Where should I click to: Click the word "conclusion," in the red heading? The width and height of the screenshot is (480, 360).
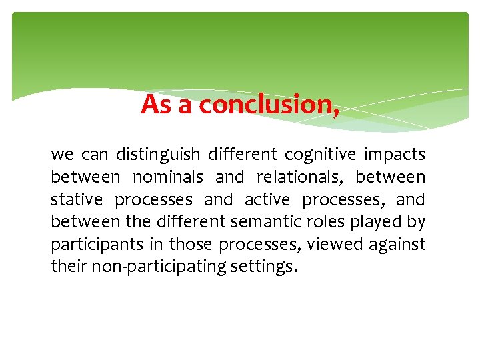pyautogui.click(x=269, y=105)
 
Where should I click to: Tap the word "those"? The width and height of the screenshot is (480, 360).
pyautogui.click(x=189, y=245)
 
